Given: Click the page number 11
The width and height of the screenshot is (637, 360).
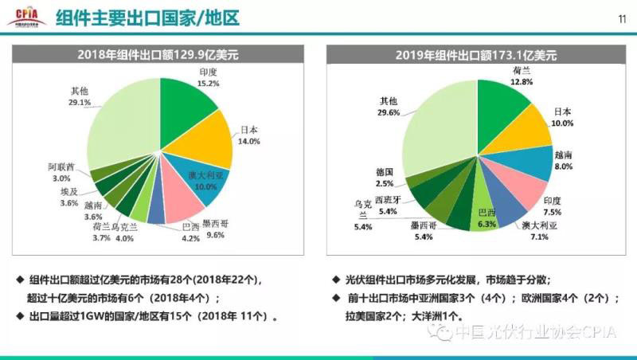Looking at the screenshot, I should tap(621, 18).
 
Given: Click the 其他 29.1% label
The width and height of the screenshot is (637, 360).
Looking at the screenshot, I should tap(79, 96).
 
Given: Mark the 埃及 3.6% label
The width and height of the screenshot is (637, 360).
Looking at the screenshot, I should tap(70, 198).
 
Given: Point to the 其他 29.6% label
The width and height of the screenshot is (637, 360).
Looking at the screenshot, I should tap(389, 107).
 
